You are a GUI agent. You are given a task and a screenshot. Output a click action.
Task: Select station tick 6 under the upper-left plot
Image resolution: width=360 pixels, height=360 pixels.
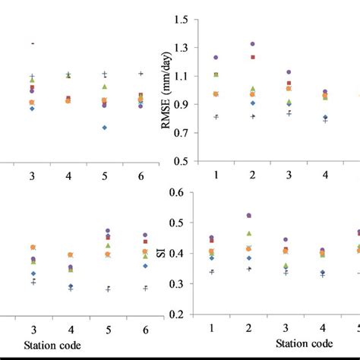point(141,176)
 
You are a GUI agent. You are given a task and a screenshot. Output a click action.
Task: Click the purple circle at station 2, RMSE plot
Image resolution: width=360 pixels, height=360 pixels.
point(253,44)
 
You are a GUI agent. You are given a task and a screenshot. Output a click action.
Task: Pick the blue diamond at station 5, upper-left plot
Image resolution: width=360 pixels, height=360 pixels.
point(104,128)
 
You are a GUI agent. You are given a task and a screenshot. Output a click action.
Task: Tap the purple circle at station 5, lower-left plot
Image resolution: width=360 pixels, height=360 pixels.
point(107,231)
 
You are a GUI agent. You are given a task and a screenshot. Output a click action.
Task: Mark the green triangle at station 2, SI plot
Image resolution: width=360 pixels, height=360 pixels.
point(249,233)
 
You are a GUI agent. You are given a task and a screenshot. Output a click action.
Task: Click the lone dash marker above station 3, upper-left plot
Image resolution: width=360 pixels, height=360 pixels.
point(33,43)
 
